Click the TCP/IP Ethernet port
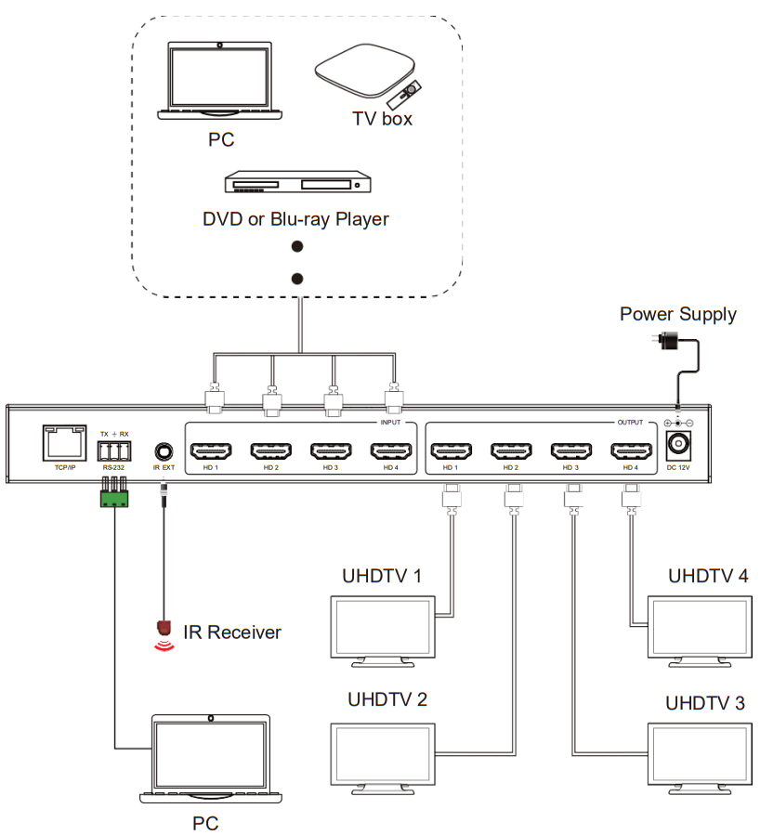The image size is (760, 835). tap(60, 443)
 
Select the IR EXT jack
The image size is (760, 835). tap(164, 450)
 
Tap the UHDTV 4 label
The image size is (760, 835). tap(708, 576)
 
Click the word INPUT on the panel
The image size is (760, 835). tap(391, 423)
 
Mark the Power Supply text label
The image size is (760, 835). tap(678, 314)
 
